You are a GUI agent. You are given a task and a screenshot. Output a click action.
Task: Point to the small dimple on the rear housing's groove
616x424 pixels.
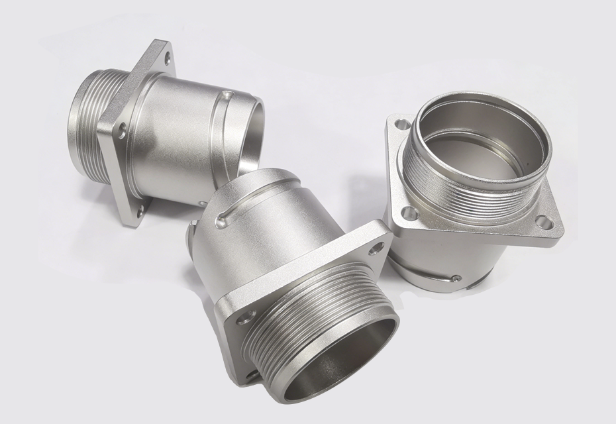coord(228,97)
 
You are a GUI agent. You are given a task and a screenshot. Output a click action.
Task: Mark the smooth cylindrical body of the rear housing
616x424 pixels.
coord(179,126)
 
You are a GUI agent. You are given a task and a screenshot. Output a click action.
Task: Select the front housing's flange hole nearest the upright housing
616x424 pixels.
coord(378,248)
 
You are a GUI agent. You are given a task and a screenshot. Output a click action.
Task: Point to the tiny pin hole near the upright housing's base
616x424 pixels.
coord(456,278)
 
